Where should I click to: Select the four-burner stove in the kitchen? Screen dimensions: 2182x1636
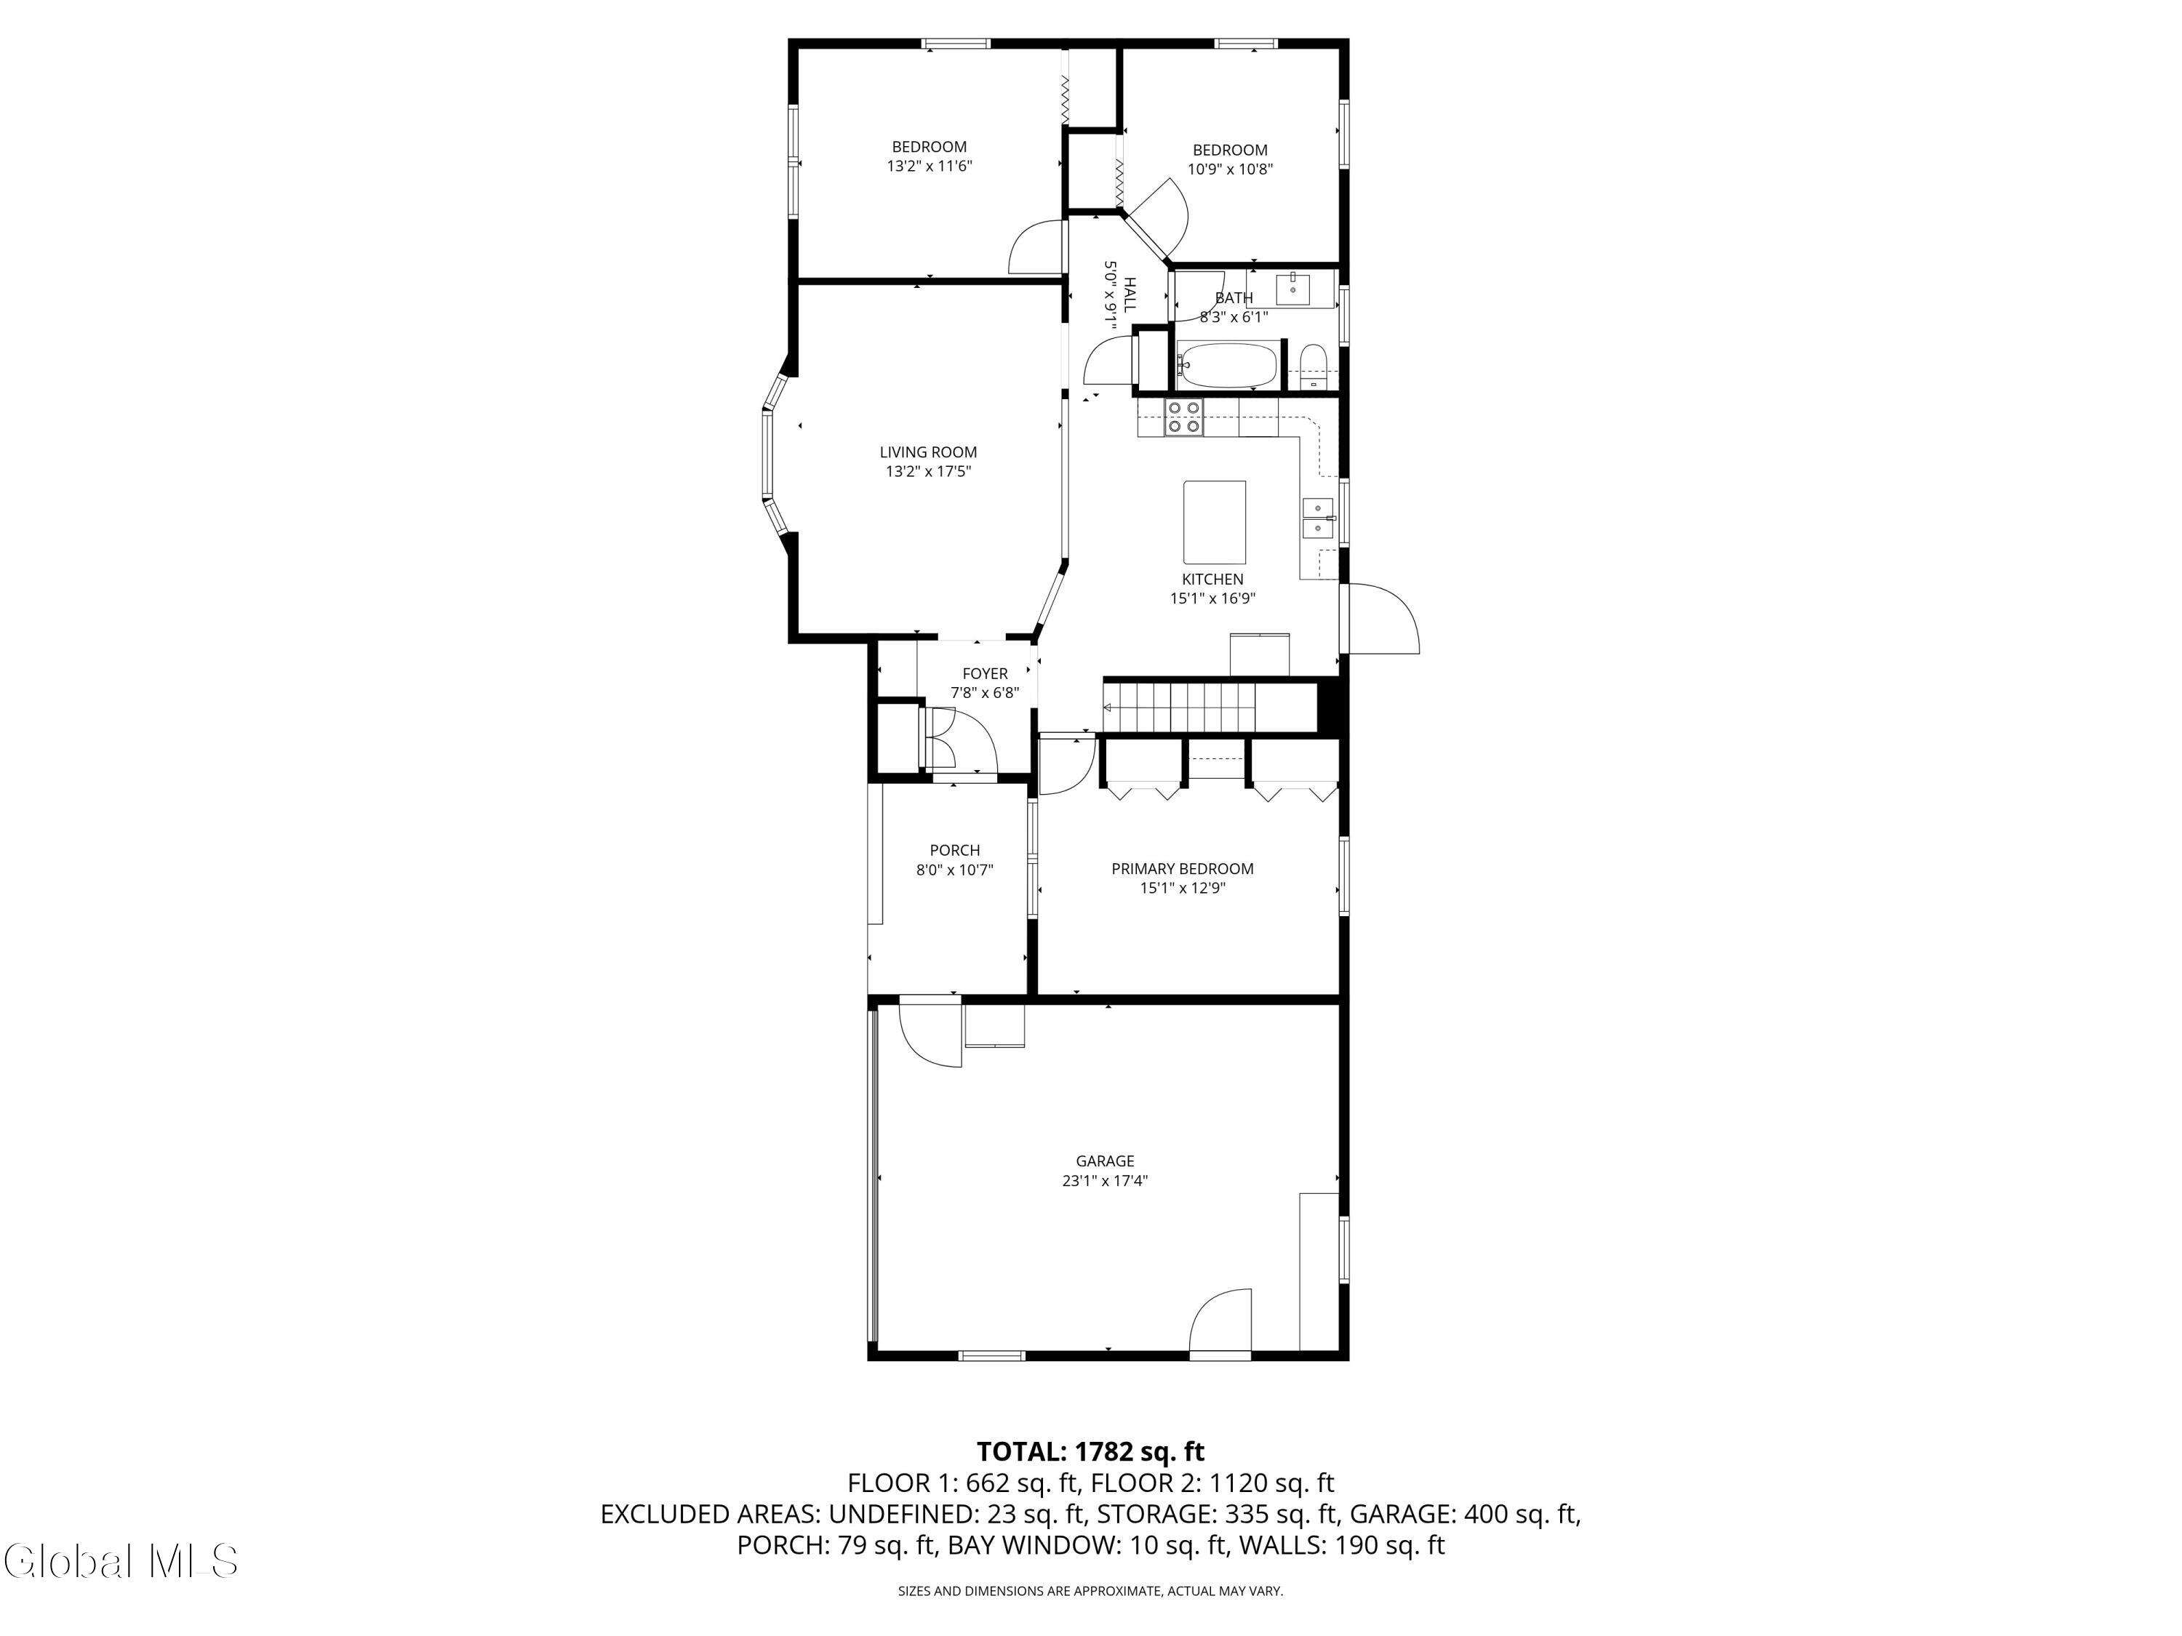point(1183,418)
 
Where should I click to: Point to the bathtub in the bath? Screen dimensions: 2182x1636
point(1227,365)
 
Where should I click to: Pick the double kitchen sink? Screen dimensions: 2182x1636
point(1319,518)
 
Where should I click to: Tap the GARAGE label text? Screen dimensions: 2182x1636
point(1105,1162)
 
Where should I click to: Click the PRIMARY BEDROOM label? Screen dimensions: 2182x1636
point(1183,869)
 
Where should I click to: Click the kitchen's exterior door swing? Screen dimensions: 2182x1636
point(1383,618)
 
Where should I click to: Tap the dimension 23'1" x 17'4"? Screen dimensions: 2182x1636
point(1105,1180)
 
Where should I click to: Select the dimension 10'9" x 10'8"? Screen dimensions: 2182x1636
point(1230,169)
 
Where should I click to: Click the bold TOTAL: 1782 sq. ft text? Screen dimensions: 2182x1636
point(1090,1451)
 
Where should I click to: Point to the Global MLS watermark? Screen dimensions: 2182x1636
point(120,1561)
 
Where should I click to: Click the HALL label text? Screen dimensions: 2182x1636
point(1130,294)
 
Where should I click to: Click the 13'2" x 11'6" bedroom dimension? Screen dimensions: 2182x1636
point(930,166)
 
